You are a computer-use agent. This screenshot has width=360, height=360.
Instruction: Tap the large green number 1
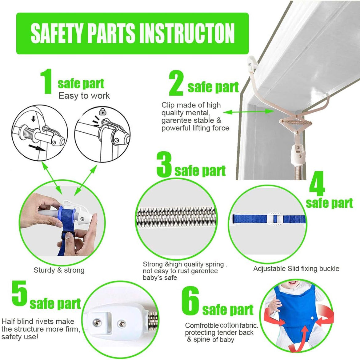(x=46, y=81)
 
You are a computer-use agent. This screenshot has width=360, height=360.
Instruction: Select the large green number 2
(x=176, y=83)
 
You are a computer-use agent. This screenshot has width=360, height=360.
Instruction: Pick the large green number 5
(x=19, y=294)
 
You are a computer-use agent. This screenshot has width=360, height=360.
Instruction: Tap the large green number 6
(x=190, y=301)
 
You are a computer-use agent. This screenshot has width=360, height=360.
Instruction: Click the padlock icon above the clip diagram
(x=103, y=112)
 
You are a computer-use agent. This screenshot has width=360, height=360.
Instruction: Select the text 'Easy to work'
(x=84, y=96)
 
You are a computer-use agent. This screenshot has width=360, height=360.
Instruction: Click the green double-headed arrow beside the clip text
(x=248, y=112)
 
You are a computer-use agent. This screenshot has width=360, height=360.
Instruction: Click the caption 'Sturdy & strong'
(x=59, y=270)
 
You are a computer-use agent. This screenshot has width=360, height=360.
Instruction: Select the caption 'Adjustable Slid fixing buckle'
(x=296, y=269)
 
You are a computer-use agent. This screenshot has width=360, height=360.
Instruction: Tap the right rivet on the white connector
(x=122, y=324)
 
